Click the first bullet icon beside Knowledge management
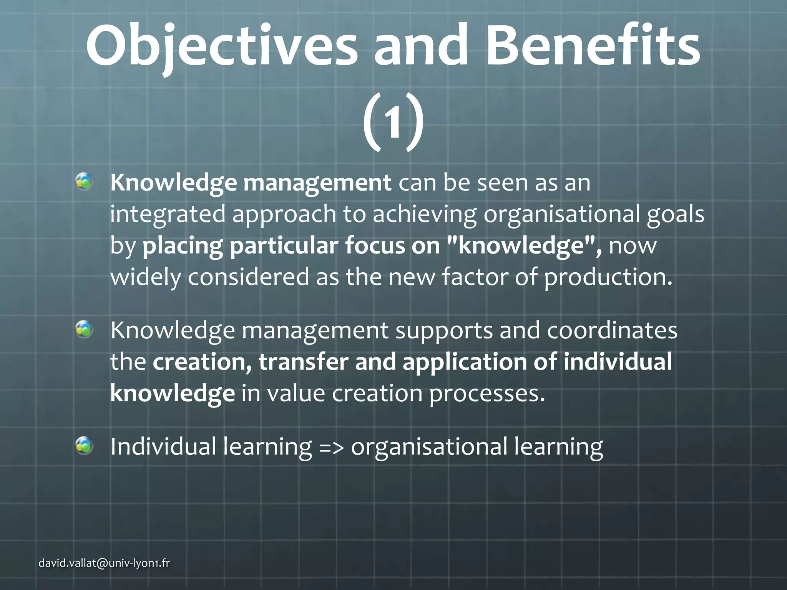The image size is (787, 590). click(x=84, y=181)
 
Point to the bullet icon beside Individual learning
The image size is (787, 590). click(x=84, y=446)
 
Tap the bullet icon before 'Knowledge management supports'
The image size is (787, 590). click(x=84, y=330)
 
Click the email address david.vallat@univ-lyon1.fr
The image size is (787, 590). click(x=104, y=563)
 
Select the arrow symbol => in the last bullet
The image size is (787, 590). click(x=331, y=447)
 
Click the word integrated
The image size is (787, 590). click(x=168, y=214)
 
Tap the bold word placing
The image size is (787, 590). click(x=182, y=246)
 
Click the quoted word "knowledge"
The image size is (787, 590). click(x=525, y=246)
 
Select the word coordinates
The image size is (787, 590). click(x=612, y=330)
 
